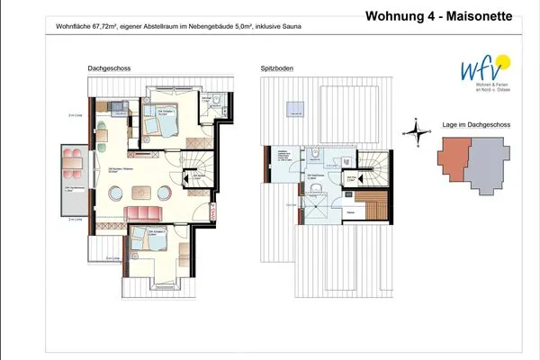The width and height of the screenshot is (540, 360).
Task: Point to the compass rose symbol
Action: tap(413, 132)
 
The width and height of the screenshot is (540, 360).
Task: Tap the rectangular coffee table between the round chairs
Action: tap(142, 191)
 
